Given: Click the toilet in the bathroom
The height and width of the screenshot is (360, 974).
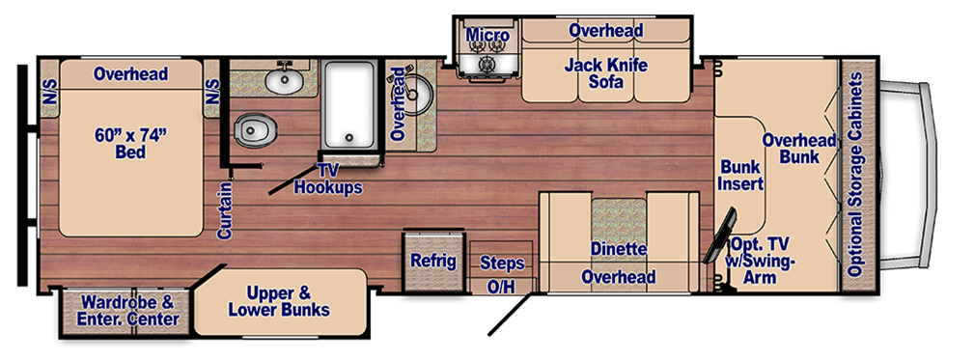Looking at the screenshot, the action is (255, 130).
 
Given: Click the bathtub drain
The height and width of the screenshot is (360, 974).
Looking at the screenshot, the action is (349, 138).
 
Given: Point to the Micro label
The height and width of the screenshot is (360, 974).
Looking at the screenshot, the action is (487, 36).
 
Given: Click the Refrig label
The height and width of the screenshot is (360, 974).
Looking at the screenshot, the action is (433, 261).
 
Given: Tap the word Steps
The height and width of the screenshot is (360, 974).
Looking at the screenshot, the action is (502, 263).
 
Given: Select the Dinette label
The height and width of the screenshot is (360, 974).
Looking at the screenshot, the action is (619, 250).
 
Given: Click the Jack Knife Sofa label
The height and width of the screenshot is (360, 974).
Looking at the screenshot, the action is (606, 72).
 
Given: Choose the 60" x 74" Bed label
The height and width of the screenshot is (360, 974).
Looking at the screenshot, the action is (130, 143).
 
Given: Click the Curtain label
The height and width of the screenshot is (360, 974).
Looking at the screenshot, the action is (225, 209).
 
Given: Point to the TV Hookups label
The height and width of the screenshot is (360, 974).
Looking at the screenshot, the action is (328, 179).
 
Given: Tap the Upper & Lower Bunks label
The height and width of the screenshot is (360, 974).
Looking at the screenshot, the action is (279, 302).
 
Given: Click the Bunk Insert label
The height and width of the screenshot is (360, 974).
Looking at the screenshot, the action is (741, 175).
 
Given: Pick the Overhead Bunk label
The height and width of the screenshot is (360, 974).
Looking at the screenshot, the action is (799, 149).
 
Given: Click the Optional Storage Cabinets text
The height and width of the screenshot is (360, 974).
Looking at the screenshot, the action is (856, 175).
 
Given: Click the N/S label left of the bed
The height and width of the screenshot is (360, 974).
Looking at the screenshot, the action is (49, 88).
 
